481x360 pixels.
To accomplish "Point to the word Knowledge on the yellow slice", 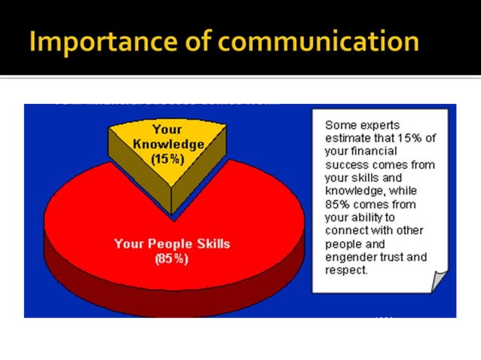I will pos(167,143).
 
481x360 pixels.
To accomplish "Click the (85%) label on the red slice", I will pos(172,258).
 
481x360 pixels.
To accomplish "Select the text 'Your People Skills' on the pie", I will pos(172,244).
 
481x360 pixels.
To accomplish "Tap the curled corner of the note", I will pos(440,280).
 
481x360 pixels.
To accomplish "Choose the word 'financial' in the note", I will pos(375,151).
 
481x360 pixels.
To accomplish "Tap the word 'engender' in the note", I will pos(348,257).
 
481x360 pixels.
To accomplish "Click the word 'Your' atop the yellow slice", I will pos(167,130).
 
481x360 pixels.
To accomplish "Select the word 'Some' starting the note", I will pos(339,125).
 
